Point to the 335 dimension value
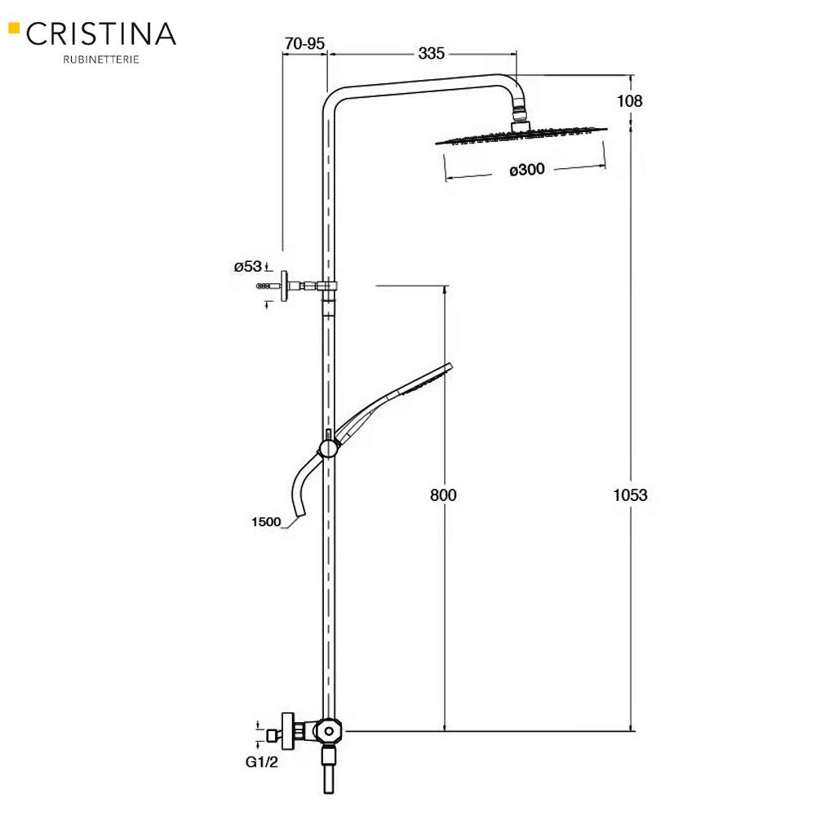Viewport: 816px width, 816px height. point(431,54)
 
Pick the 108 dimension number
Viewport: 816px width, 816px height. point(631,101)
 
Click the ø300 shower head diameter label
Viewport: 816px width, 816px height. point(526,170)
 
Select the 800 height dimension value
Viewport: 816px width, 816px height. point(444,494)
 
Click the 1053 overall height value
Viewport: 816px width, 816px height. point(630,494)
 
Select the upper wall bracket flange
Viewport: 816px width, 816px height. point(286,286)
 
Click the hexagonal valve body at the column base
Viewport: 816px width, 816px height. point(328,730)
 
